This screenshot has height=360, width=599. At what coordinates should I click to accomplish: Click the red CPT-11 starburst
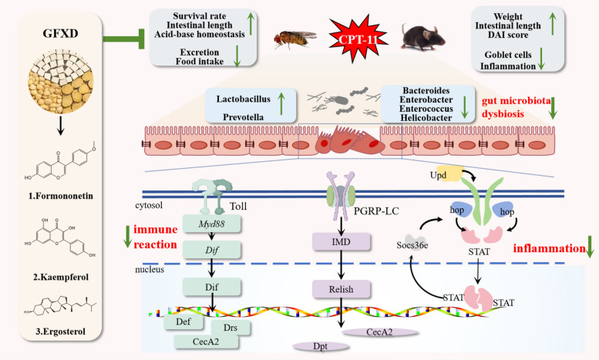[x=358, y=39]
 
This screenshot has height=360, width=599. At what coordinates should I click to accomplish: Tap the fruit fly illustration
[x=295, y=39]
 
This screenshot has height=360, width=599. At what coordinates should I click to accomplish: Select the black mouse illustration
[x=422, y=37]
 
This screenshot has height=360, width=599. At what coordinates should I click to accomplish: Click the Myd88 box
[x=212, y=224]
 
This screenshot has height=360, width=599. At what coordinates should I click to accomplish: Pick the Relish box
[x=342, y=289]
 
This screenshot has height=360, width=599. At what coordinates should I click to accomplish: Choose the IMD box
[x=342, y=242]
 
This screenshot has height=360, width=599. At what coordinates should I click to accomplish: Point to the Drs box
[x=231, y=328]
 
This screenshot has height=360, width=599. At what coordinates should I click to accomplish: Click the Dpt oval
[x=321, y=346]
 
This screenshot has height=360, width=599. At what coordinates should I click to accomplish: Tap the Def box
[x=183, y=321]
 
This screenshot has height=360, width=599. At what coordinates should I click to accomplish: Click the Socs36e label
[x=412, y=245]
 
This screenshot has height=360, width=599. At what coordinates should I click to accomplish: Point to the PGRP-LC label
[x=376, y=210]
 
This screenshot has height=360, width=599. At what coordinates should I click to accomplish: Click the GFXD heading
[x=60, y=34]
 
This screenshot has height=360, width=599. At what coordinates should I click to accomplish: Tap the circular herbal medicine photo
[x=60, y=81]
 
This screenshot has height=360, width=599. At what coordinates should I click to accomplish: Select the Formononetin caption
[x=61, y=196]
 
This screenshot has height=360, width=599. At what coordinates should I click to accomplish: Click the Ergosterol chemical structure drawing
[x=60, y=306]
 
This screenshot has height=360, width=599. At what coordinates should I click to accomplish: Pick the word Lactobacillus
[x=244, y=99]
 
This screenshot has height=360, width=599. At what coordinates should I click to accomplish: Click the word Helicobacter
[x=426, y=118]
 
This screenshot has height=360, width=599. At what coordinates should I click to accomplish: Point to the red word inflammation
[x=549, y=248]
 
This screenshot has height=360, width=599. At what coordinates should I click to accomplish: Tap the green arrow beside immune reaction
[x=128, y=237]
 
